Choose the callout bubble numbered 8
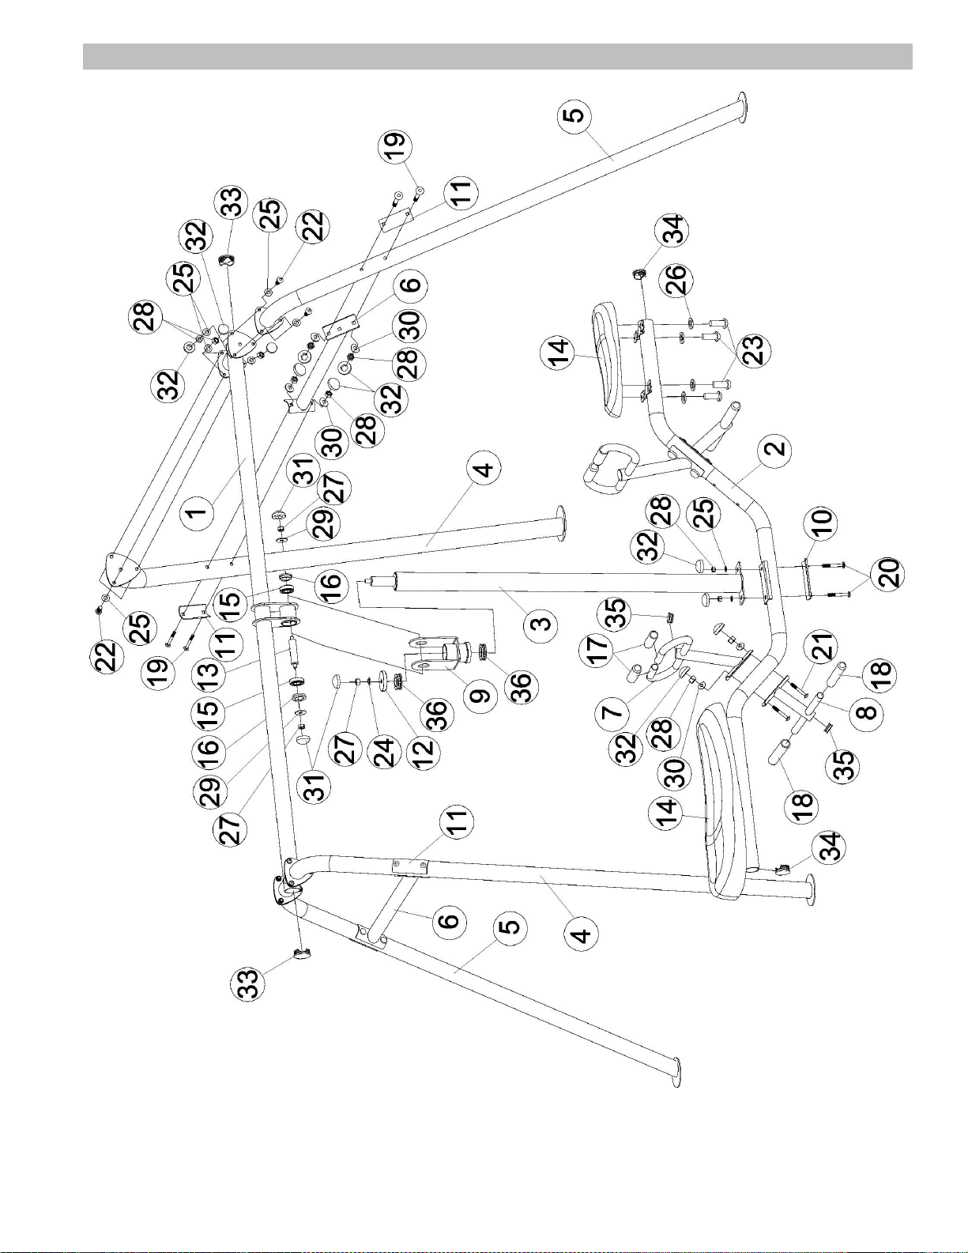pyautogui.click(x=866, y=711)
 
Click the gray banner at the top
pyautogui.click(x=497, y=56)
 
